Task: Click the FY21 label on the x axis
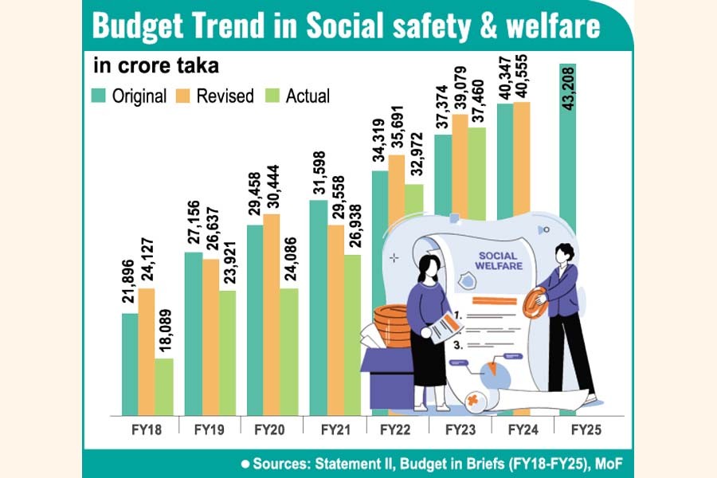point(335,429)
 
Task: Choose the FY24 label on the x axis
point(522,429)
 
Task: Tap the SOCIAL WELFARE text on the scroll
point(500,260)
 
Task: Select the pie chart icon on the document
point(496,373)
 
